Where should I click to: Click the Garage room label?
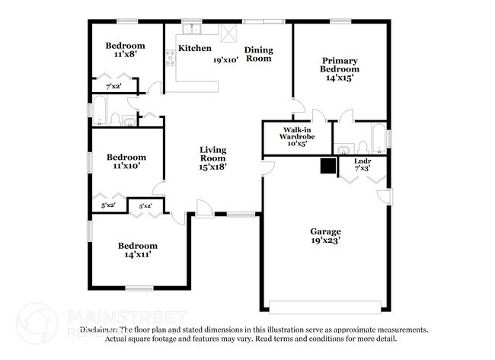(x=325, y=231)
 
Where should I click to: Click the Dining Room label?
(x=258, y=54)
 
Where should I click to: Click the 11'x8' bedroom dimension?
(x=124, y=55)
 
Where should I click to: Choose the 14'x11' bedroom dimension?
(x=138, y=255)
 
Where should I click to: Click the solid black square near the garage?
(x=328, y=167)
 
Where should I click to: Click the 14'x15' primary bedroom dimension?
(x=340, y=78)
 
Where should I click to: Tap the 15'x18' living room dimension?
(x=214, y=167)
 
